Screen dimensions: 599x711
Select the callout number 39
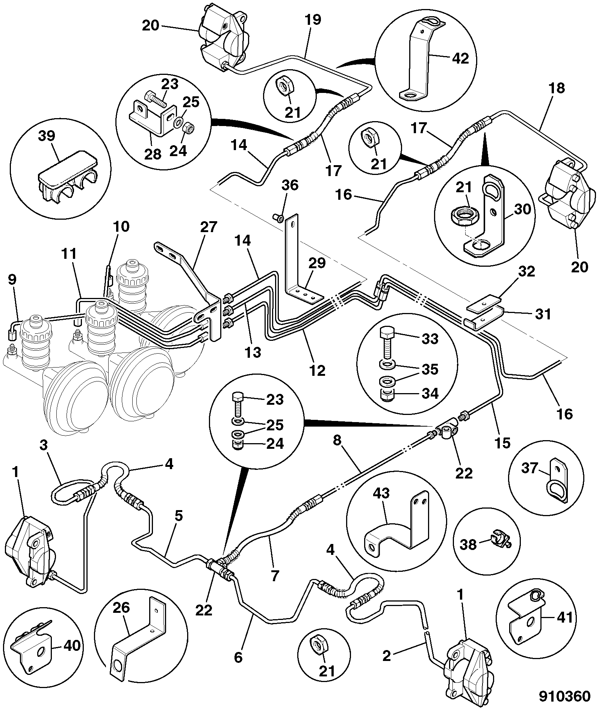pyautogui.click(x=47, y=137)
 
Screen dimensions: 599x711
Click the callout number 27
pyautogui.click(x=209, y=228)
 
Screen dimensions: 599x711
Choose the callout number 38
pyautogui.click(x=468, y=544)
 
